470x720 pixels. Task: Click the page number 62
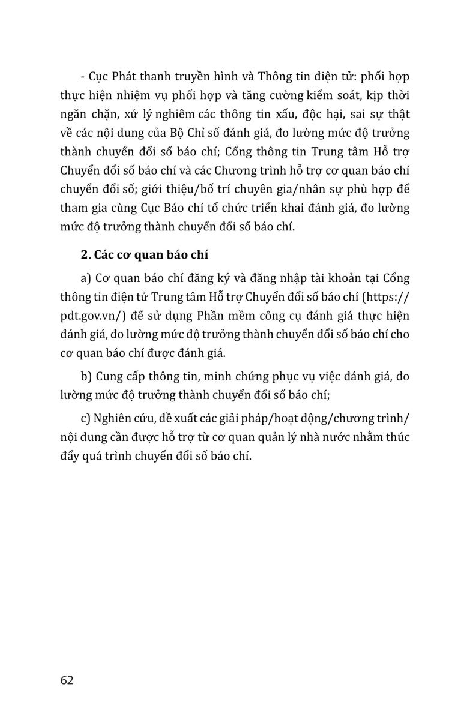[67, 680]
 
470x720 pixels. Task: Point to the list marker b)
[85, 376]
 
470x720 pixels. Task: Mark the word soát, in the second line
[351, 96]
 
